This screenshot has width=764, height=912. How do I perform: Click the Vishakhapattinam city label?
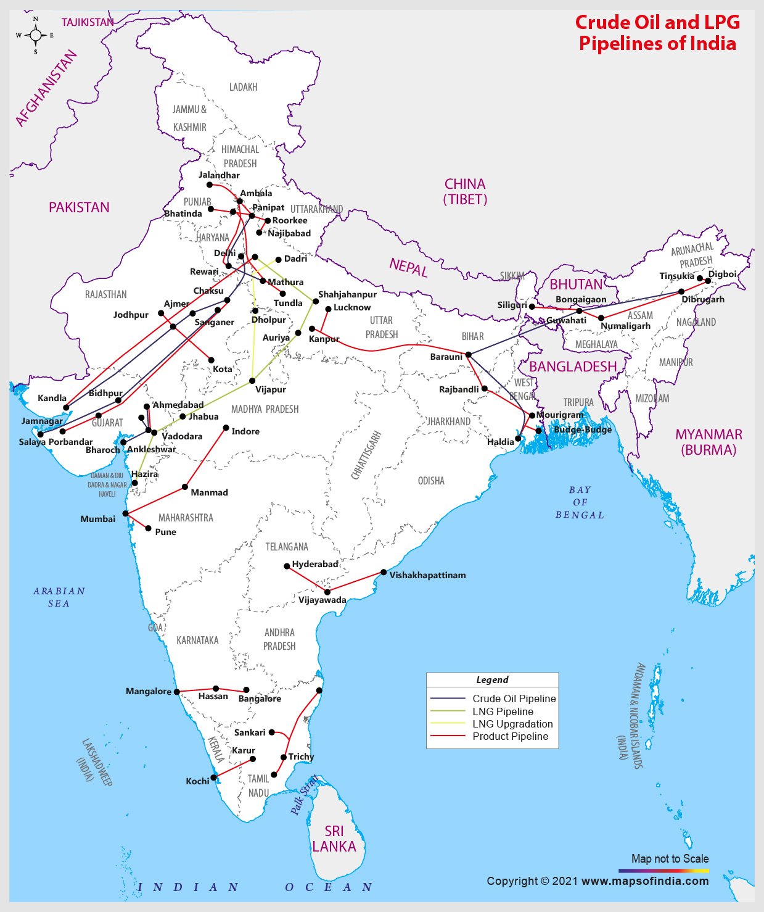point(427,575)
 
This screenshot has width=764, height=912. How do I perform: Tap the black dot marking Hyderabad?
point(287,566)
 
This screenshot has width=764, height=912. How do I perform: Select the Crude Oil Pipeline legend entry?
point(514,699)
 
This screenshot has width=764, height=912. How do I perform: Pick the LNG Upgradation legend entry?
point(512,724)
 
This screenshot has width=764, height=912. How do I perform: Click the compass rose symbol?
point(35,35)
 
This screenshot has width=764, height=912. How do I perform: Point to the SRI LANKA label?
point(334,839)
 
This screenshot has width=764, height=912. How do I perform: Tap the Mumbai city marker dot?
point(126,513)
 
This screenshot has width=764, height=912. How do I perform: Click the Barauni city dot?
point(469,355)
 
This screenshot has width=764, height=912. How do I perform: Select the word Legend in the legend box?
point(492,679)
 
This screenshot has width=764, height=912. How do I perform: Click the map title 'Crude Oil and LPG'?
point(657,22)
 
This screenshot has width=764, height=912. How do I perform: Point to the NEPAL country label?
point(408,267)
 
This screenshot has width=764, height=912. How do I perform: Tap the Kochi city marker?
point(214,778)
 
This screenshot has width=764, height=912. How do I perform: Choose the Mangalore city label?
point(149,691)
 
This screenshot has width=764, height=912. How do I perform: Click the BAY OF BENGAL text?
point(580,502)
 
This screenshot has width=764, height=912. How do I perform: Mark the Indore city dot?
point(226,428)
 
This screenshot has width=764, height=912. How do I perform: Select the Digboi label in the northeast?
point(722,274)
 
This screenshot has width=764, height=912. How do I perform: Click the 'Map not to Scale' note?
point(670,858)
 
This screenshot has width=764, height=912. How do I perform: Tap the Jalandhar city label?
point(219,175)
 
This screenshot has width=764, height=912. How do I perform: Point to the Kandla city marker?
point(66,407)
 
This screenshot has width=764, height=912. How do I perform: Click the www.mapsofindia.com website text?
point(645,881)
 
